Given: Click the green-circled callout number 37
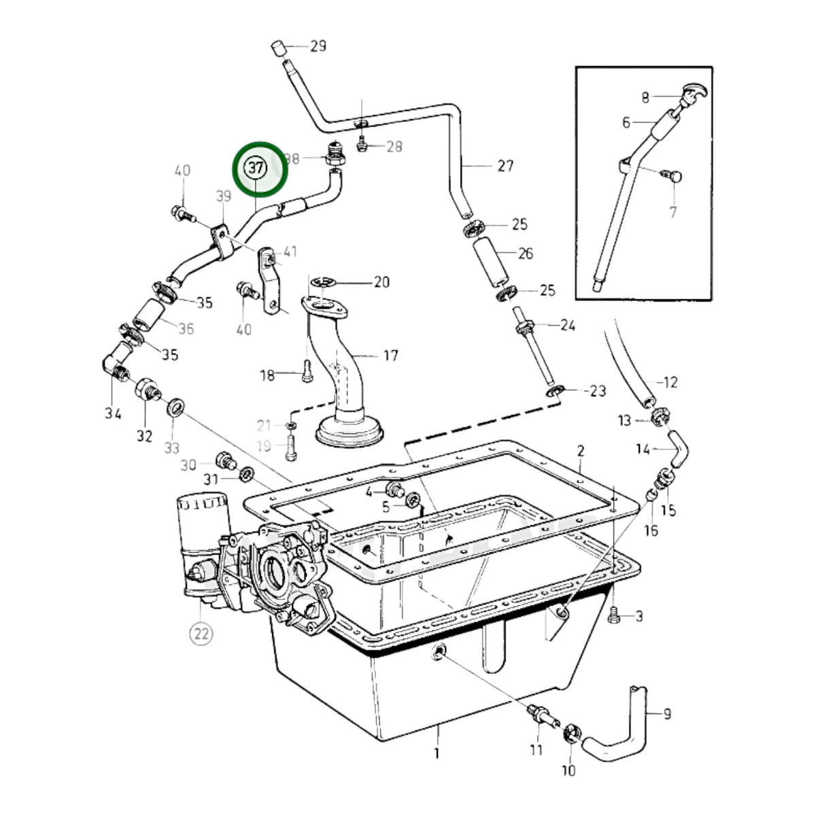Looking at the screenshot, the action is (256, 169).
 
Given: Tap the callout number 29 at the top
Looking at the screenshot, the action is (318, 46).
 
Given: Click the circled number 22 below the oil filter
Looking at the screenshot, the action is (201, 634).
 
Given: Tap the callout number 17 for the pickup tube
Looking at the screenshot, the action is (390, 356).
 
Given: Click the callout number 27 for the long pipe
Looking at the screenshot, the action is (505, 166).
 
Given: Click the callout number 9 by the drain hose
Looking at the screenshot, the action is (667, 715).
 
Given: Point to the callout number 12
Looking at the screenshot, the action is (670, 382).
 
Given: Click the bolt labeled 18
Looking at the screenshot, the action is (307, 372).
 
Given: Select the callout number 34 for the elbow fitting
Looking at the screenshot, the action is (113, 413).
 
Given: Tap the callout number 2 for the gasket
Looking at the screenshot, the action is (581, 451).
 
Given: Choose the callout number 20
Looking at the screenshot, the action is (382, 282).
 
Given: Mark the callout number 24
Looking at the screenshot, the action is (568, 325).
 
